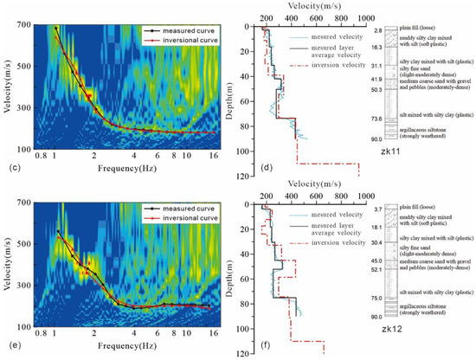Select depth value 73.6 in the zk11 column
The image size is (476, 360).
tap(377, 119)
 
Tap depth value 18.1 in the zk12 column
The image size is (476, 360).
tap(377, 228)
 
